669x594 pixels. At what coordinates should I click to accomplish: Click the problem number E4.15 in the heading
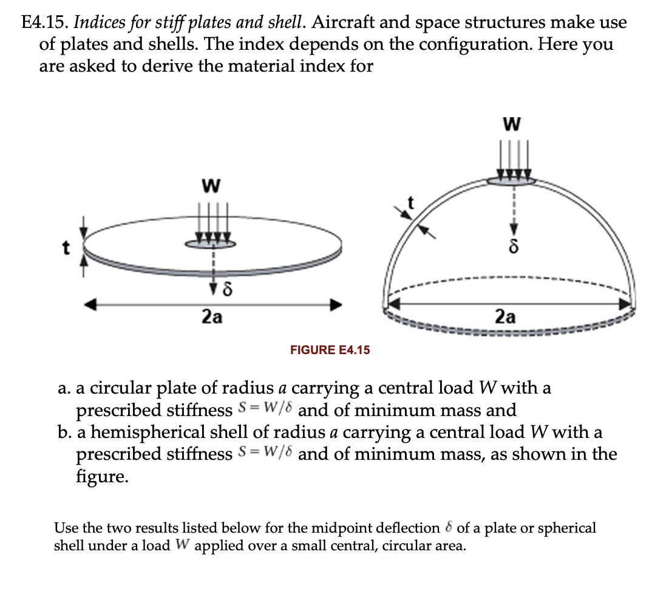coord(44,24)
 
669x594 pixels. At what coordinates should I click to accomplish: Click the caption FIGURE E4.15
coord(330,350)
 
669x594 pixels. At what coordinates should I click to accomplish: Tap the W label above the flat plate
coord(210,183)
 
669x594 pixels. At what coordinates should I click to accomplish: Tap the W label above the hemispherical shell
coord(512,126)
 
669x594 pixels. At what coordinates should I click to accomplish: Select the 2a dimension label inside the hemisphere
coord(505,316)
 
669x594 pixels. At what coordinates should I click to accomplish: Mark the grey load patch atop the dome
coord(512,180)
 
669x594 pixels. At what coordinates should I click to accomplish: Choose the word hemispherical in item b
coord(142,432)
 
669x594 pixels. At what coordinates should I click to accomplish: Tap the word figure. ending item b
coord(101,476)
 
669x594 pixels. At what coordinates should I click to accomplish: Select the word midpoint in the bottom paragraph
coord(348,528)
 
